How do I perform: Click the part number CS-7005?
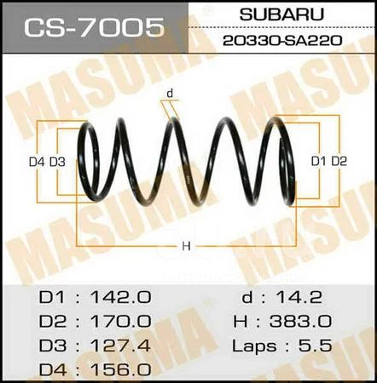pyautogui.click(x=94, y=27)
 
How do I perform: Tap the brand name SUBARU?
pyautogui.click(x=281, y=14)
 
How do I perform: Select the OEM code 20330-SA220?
pyautogui.click(x=282, y=41)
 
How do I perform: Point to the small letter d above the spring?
pyautogui.click(x=170, y=93)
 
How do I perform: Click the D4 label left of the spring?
pyautogui.click(x=37, y=162)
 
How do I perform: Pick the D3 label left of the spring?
pyautogui.click(x=57, y=162)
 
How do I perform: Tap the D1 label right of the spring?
pyautogui.click(x=318, y=162)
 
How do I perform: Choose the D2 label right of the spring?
pyautogui.click(x=339, y=162)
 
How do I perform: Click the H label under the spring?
pyautogui.click(x=186, y=246)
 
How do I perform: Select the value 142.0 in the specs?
pyautogui.click(x=121, y=297)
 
